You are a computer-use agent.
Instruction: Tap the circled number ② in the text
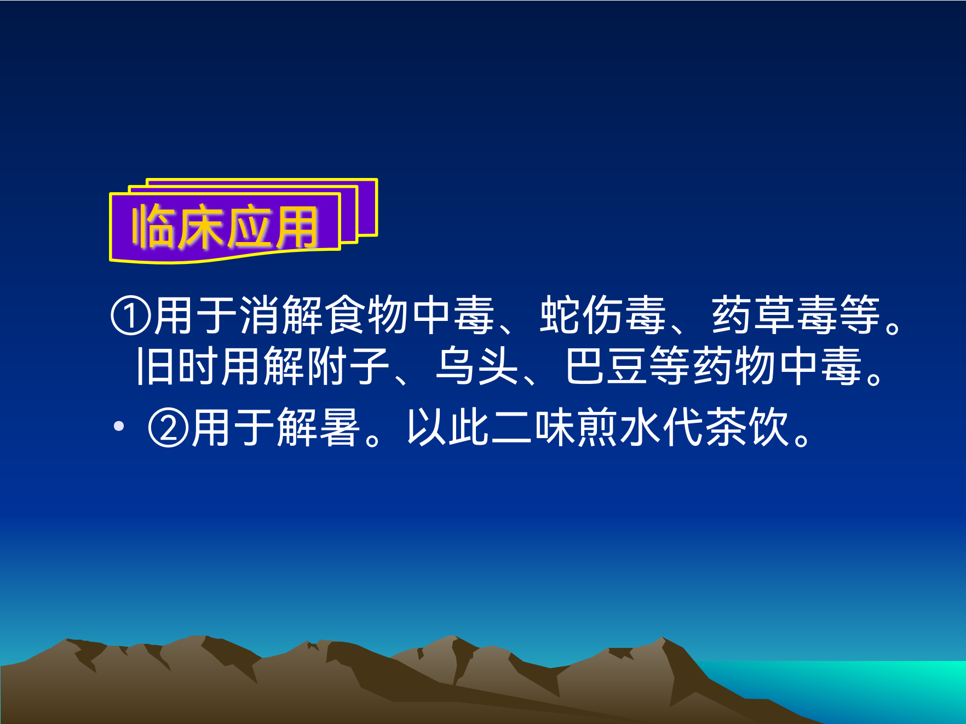coord(169,427)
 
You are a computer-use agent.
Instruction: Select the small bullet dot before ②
coord(119,426)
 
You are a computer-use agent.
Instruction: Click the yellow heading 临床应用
coord(225,227)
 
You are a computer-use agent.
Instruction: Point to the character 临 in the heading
coord(153,226)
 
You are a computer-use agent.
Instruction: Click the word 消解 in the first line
coord(281,315)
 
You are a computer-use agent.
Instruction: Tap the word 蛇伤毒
coord(603,315)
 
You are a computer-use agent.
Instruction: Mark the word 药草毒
coord(774,315)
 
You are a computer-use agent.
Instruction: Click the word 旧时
coord(177,366)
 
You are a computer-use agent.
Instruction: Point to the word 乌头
coord(477,366)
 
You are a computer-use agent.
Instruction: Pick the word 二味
coord(533,427)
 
